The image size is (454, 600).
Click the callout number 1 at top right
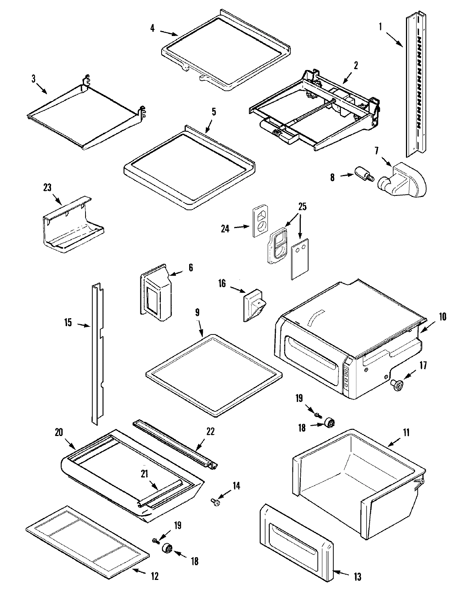[x=380, y=27]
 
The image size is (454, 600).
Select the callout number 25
[x=302, y=207]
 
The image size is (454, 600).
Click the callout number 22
[x=210, y=431]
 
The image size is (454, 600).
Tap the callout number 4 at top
[x=152, y=28]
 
